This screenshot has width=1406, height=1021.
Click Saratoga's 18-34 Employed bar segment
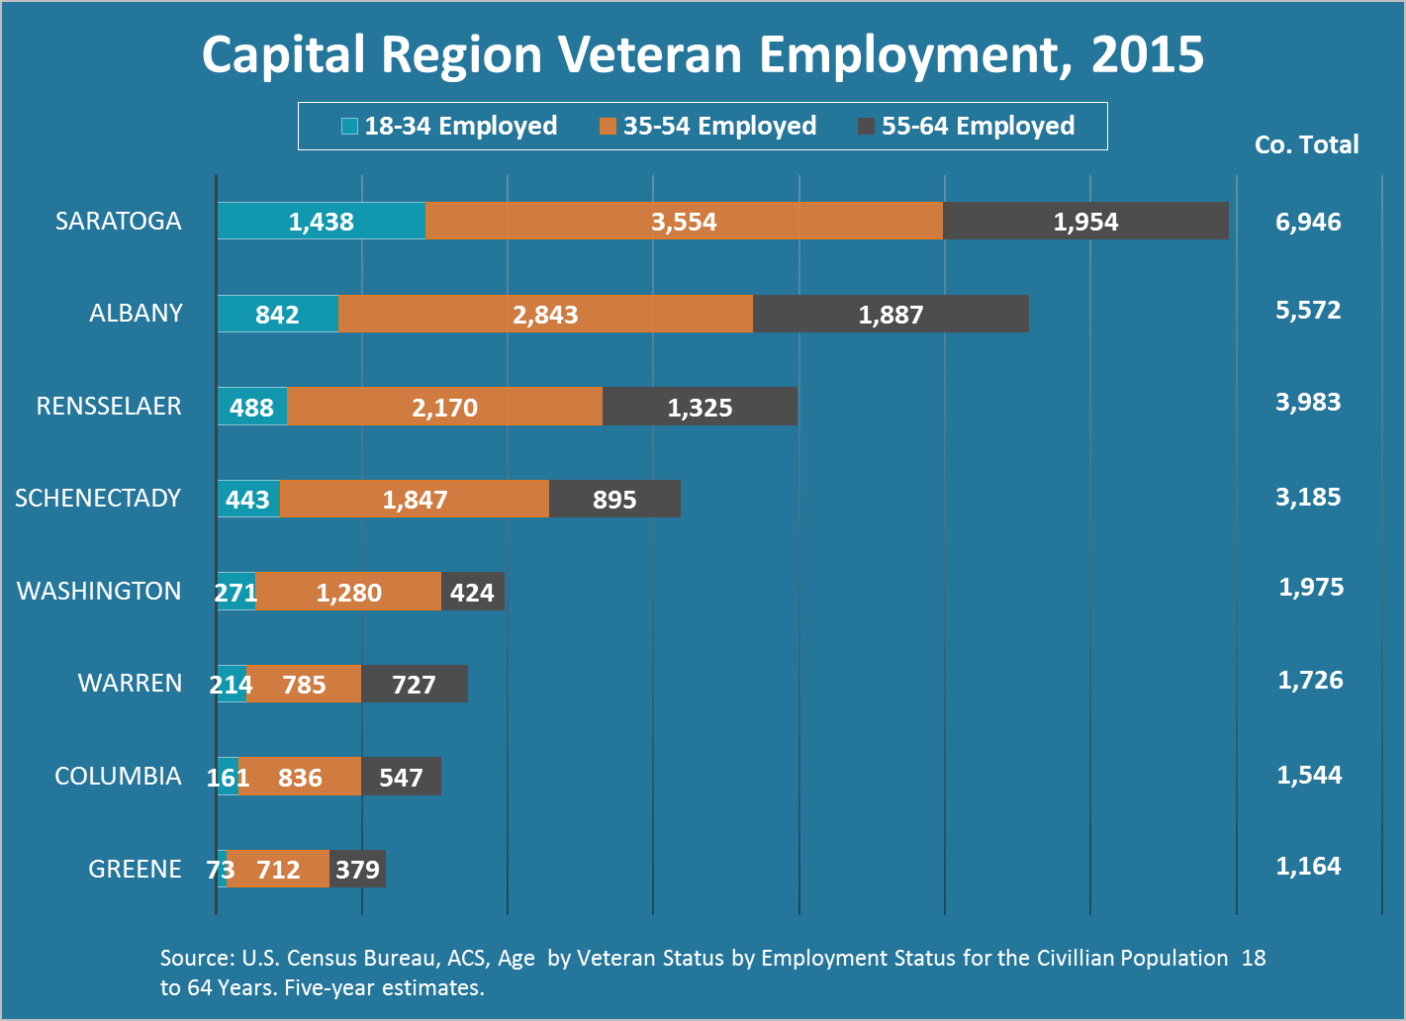pos(322,221)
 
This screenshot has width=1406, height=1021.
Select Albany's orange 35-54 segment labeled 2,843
pos(545,314)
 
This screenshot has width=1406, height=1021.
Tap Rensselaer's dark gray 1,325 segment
pos(700,407)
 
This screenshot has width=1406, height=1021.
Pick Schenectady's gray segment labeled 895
pos(614,499)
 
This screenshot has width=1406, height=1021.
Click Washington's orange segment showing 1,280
pos(348,592)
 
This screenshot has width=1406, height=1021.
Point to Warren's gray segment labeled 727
pos(415,684)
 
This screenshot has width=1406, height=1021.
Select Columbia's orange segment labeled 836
pos(300,777)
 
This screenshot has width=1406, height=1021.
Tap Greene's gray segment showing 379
pos(357,869)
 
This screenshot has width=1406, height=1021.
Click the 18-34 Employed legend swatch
pos(349,127)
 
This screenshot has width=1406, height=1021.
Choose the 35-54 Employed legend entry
pos(707,127)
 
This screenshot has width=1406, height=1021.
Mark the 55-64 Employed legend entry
pos(967,127)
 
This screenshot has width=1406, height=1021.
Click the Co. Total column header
pos(1306,144)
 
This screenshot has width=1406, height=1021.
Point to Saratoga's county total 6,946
pos(1308,222)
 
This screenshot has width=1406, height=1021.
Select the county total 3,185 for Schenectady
pos(1308,497)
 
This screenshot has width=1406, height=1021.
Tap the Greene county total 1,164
pos(1308,867)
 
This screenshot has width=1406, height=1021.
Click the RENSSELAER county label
pos(109,407)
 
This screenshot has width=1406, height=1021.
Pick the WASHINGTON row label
pos(99,592)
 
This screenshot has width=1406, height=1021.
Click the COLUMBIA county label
pos(118,777)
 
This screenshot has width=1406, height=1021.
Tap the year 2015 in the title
pos(1148,55)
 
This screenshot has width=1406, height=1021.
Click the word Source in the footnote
pos(195,959)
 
